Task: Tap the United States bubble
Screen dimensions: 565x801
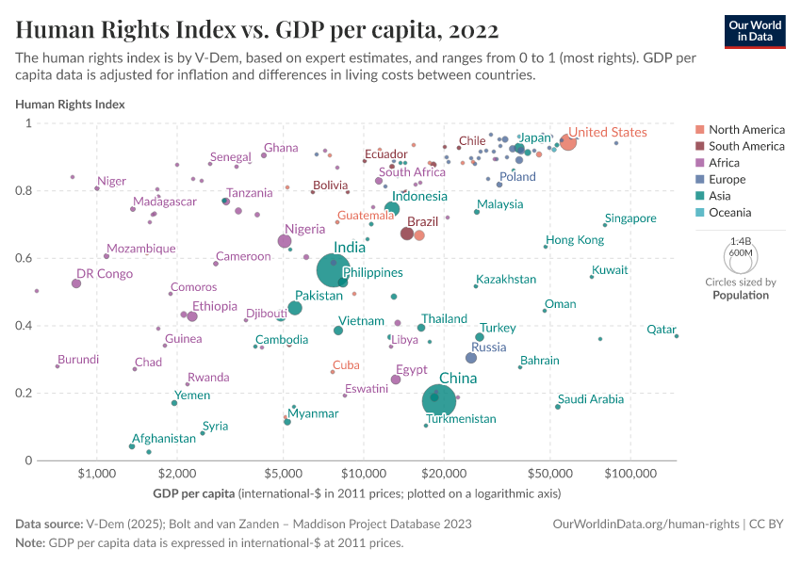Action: pyautogui.click(x=567, y=142)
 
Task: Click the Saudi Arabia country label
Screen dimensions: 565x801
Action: pyautogui.click(x=590, y=399)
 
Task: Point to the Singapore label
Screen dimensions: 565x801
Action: pyautogui.click(x=630, y=218)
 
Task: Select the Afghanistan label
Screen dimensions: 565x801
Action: pyautogui.click(x=164, y=439)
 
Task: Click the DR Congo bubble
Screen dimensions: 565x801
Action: pyautogui.click(x=76, y=283)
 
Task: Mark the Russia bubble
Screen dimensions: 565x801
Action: pyautogui.click(x=471, y=358)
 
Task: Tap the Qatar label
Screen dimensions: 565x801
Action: pyautogui.click(x=662, y=330)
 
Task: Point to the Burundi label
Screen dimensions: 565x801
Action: pyautogui.click(x=78, y=360)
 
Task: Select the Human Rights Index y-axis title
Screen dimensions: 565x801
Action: pyautogui.click(x=70, y=105)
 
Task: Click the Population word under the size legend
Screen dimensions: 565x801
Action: pyautogui.click(x=740, y=295)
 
